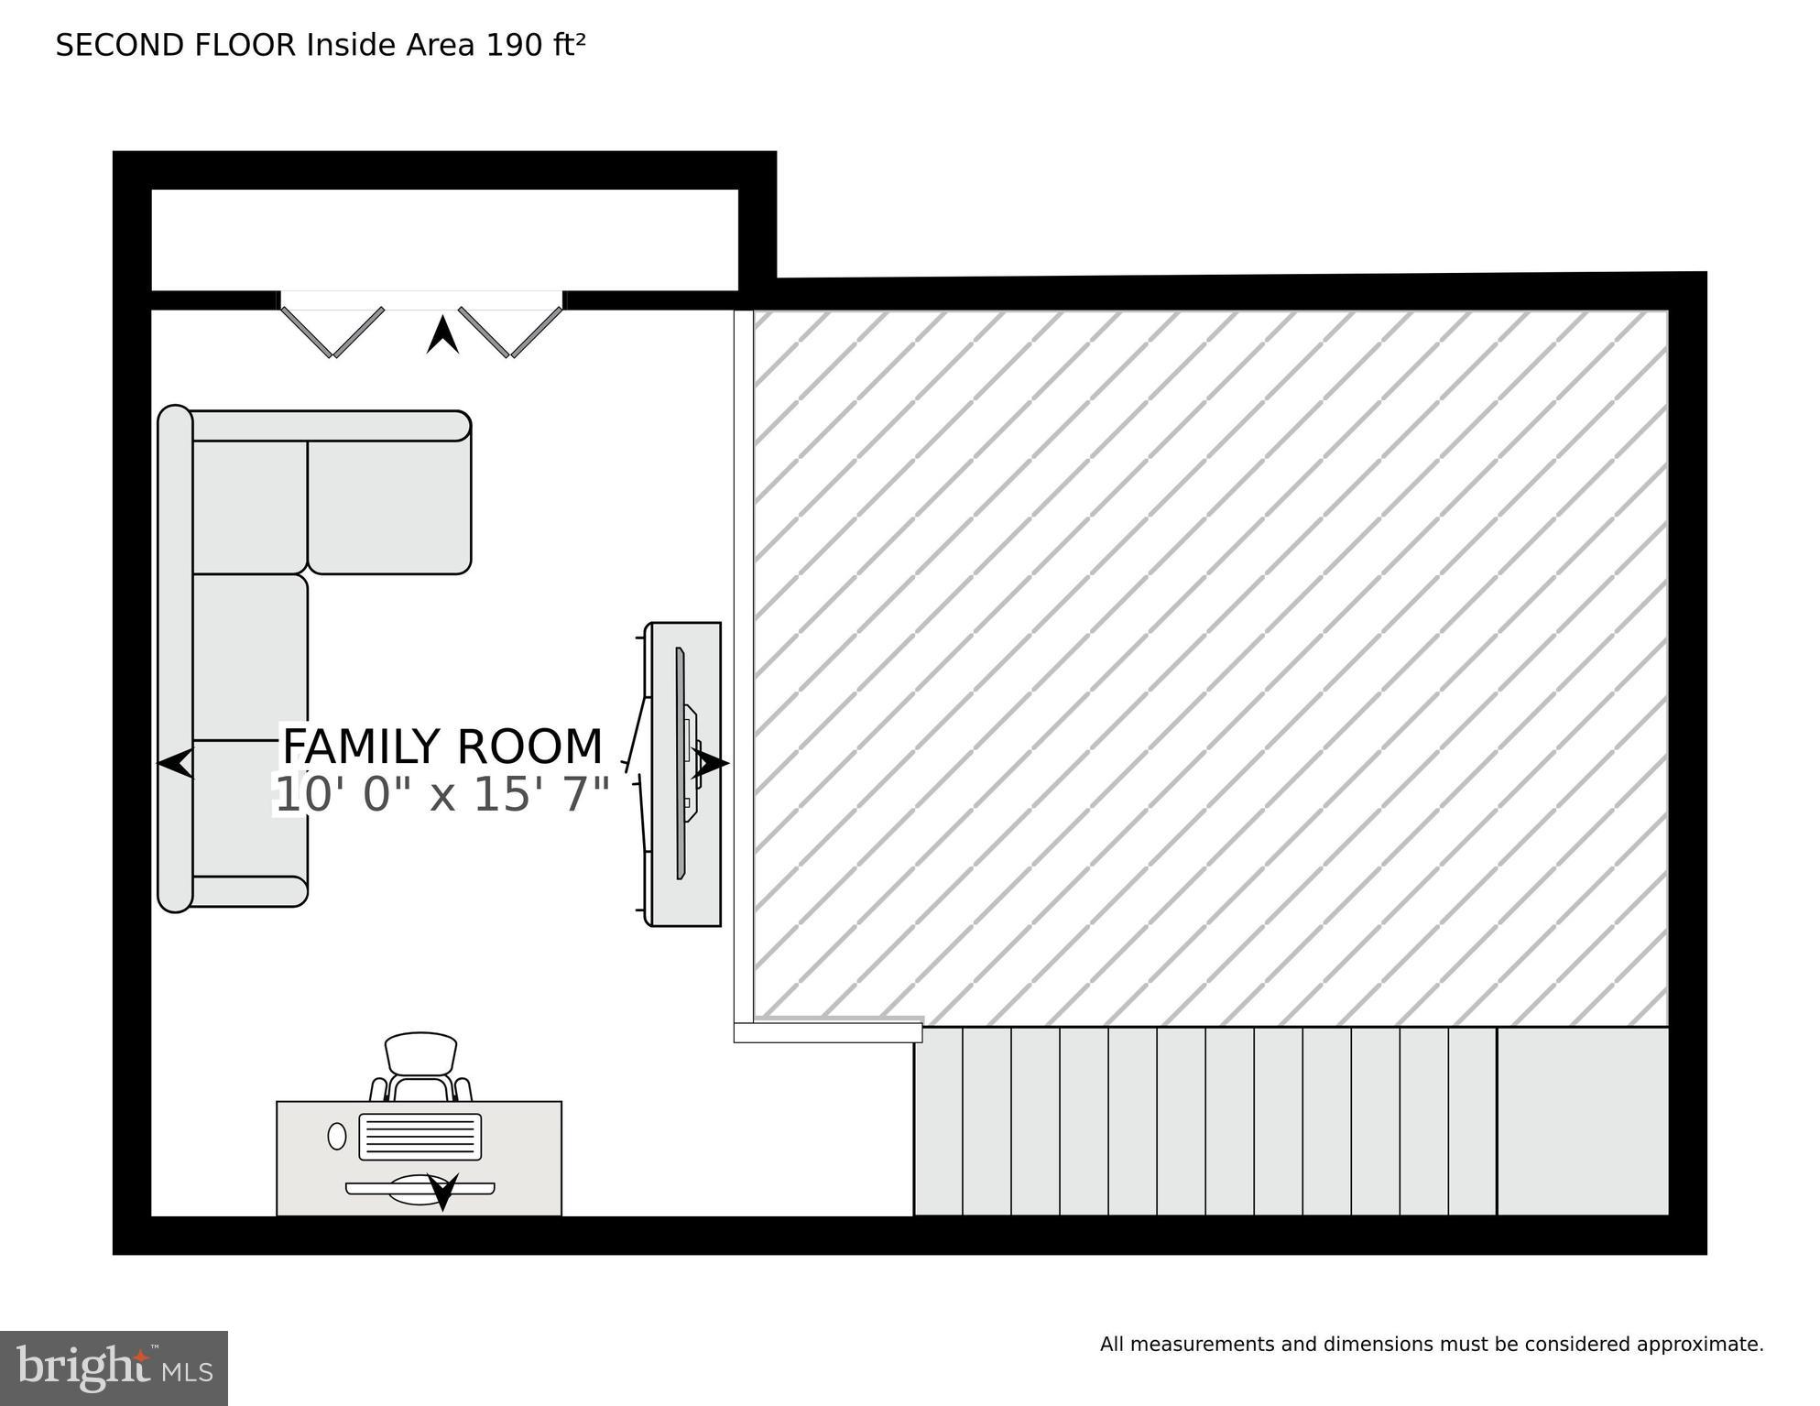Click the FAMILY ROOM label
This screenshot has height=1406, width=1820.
pos(442,747)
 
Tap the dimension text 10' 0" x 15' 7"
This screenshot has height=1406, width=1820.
pos(442,794)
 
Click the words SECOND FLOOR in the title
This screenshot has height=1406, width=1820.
pos(175,45)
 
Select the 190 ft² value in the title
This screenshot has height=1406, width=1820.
pos(535,45)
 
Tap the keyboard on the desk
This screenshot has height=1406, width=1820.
pos(420,1137)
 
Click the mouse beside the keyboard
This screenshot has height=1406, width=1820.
pos(337,1136)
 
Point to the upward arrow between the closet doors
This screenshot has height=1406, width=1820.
pos(442,335)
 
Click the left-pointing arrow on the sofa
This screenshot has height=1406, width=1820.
pos(176,762)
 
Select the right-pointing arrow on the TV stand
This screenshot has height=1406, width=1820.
pos(711,762)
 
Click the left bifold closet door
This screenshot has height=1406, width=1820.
pos(332,331)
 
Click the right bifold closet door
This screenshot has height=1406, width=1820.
pos(510,331)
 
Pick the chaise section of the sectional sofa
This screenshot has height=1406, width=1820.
pos(389,506)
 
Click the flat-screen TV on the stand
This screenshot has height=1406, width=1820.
pos(681,763)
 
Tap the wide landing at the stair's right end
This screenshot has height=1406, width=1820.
pos(1583,1121)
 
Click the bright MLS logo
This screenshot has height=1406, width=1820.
pos(114,1368)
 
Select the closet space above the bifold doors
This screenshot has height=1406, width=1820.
pos(444,239)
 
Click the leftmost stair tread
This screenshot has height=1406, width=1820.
pos(939,1121)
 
